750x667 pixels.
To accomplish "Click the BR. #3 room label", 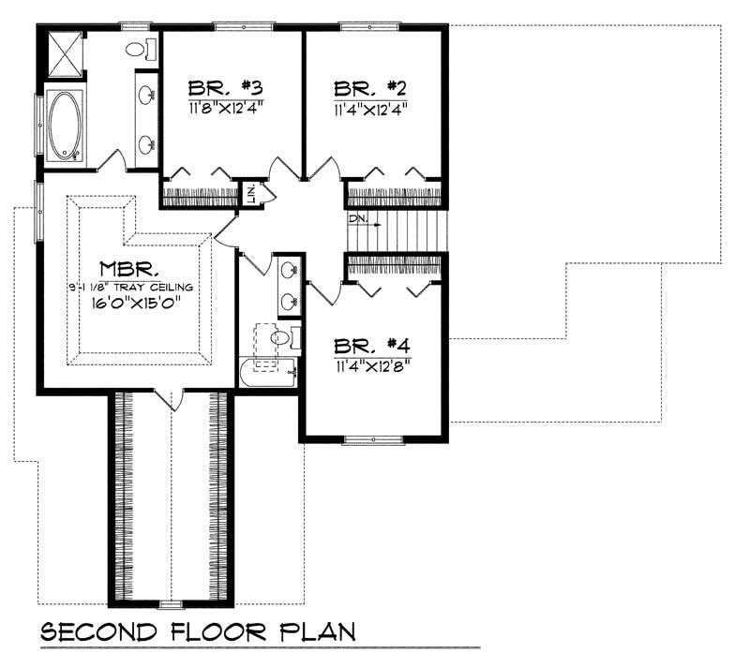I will (225, 88).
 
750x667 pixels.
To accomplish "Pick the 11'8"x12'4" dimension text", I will (225, 107).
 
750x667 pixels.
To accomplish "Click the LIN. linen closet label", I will (252, 194).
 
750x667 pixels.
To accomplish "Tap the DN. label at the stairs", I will (357, 220).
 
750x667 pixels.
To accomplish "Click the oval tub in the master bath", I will (66, 125).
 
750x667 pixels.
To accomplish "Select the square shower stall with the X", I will (64, 54).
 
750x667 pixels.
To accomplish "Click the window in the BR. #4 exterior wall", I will (372, 438).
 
